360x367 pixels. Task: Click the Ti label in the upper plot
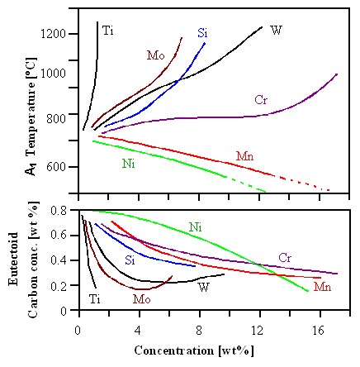[107, 31]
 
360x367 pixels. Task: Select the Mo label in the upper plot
[155, 55]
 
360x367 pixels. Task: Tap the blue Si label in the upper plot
[202, 33]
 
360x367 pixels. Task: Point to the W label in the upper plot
[277, 31]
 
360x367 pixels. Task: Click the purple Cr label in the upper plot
[261, 100]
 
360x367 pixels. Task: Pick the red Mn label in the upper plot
[244, 155]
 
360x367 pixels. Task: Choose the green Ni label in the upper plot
[128, 163]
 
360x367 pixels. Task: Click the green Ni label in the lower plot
[195, 226]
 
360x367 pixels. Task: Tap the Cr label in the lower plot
[285, 257]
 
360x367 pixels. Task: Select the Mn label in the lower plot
[322, 288]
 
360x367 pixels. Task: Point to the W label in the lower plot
[203, 287]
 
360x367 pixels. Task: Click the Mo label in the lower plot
[141, 299]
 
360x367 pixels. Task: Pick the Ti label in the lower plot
[95, 298]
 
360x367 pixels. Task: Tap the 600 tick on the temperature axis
[58, 167]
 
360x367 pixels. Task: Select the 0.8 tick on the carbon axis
[57, 211]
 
